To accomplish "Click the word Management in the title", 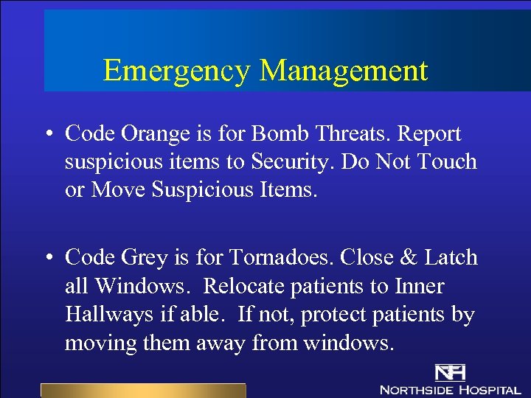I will pos(344,71).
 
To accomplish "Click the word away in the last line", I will pos(224,343).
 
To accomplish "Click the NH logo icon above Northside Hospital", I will pos(450,373).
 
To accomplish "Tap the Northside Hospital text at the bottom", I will pos(451,389).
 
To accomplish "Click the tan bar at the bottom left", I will pos(142,391).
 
